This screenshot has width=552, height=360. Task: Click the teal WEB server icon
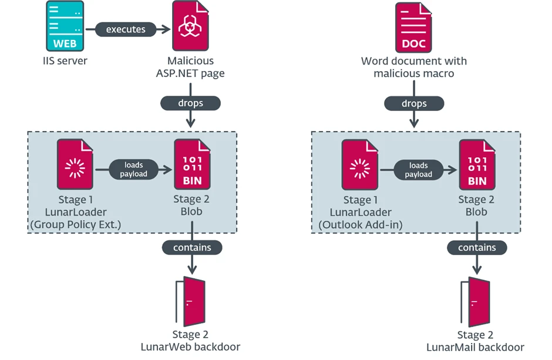pyautogui.click(x=65, y=27)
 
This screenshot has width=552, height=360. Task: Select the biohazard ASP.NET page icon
pyautogui.click(x=190, y=27)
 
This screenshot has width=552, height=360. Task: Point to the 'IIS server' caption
pyautogui.click(x=65, y=60)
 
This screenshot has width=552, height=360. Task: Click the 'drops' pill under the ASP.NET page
pyautogui.click(x=190, y=103)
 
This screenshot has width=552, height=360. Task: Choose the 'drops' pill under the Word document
pyautogui.click(x=413, y=103)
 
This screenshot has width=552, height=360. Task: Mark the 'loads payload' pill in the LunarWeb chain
pyautogui.click(x=133, y=170)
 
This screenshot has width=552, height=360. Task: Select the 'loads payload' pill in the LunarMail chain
pyautogui.click(x=418, y=170)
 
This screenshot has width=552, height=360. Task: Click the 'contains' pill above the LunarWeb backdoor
pyautogui.click(x=192, y=247)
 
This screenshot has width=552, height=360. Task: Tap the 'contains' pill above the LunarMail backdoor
pyautogui.click(x=477, y=247)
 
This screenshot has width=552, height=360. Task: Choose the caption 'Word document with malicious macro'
pyautogui.click(x=413, y=67)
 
